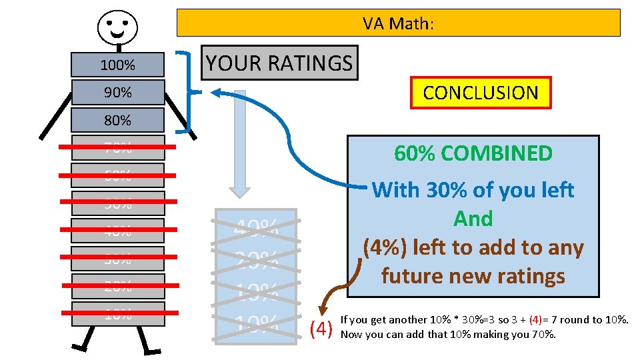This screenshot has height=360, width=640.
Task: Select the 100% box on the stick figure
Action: pyautogui.click(x=118, y=65)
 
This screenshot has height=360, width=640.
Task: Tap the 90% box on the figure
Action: pyautogui.click(x=118, y=93)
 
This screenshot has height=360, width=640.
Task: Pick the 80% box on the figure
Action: pyautogui.click(x=118, y=121)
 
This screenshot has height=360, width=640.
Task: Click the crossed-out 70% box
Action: pyautogui.click(x=118, y=147)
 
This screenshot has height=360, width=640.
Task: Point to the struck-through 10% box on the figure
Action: pyautogui.click(x=118, y=315)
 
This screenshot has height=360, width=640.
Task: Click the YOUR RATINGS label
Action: pyautogui.click(x=279, y=63)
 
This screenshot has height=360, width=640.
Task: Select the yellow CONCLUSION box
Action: pyautogui.click(x=481, y=93)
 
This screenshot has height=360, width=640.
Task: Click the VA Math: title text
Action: pyautogui.click(x=398, y=23)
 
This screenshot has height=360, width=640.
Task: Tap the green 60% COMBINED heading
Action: pyautogui.click(x=473, y=153)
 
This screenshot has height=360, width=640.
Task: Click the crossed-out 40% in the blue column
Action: pyautogui.click(x=255, y=229)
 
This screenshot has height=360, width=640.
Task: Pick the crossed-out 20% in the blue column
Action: pyautogui.click(x=255, y=260)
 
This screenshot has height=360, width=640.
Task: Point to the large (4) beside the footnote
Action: pyautogui.click(x=322, y=328)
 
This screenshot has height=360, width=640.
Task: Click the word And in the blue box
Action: pyautogui.click(x=473, y=219)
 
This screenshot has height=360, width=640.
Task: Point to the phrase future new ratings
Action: pyautogui.click(x=473, y=275)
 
